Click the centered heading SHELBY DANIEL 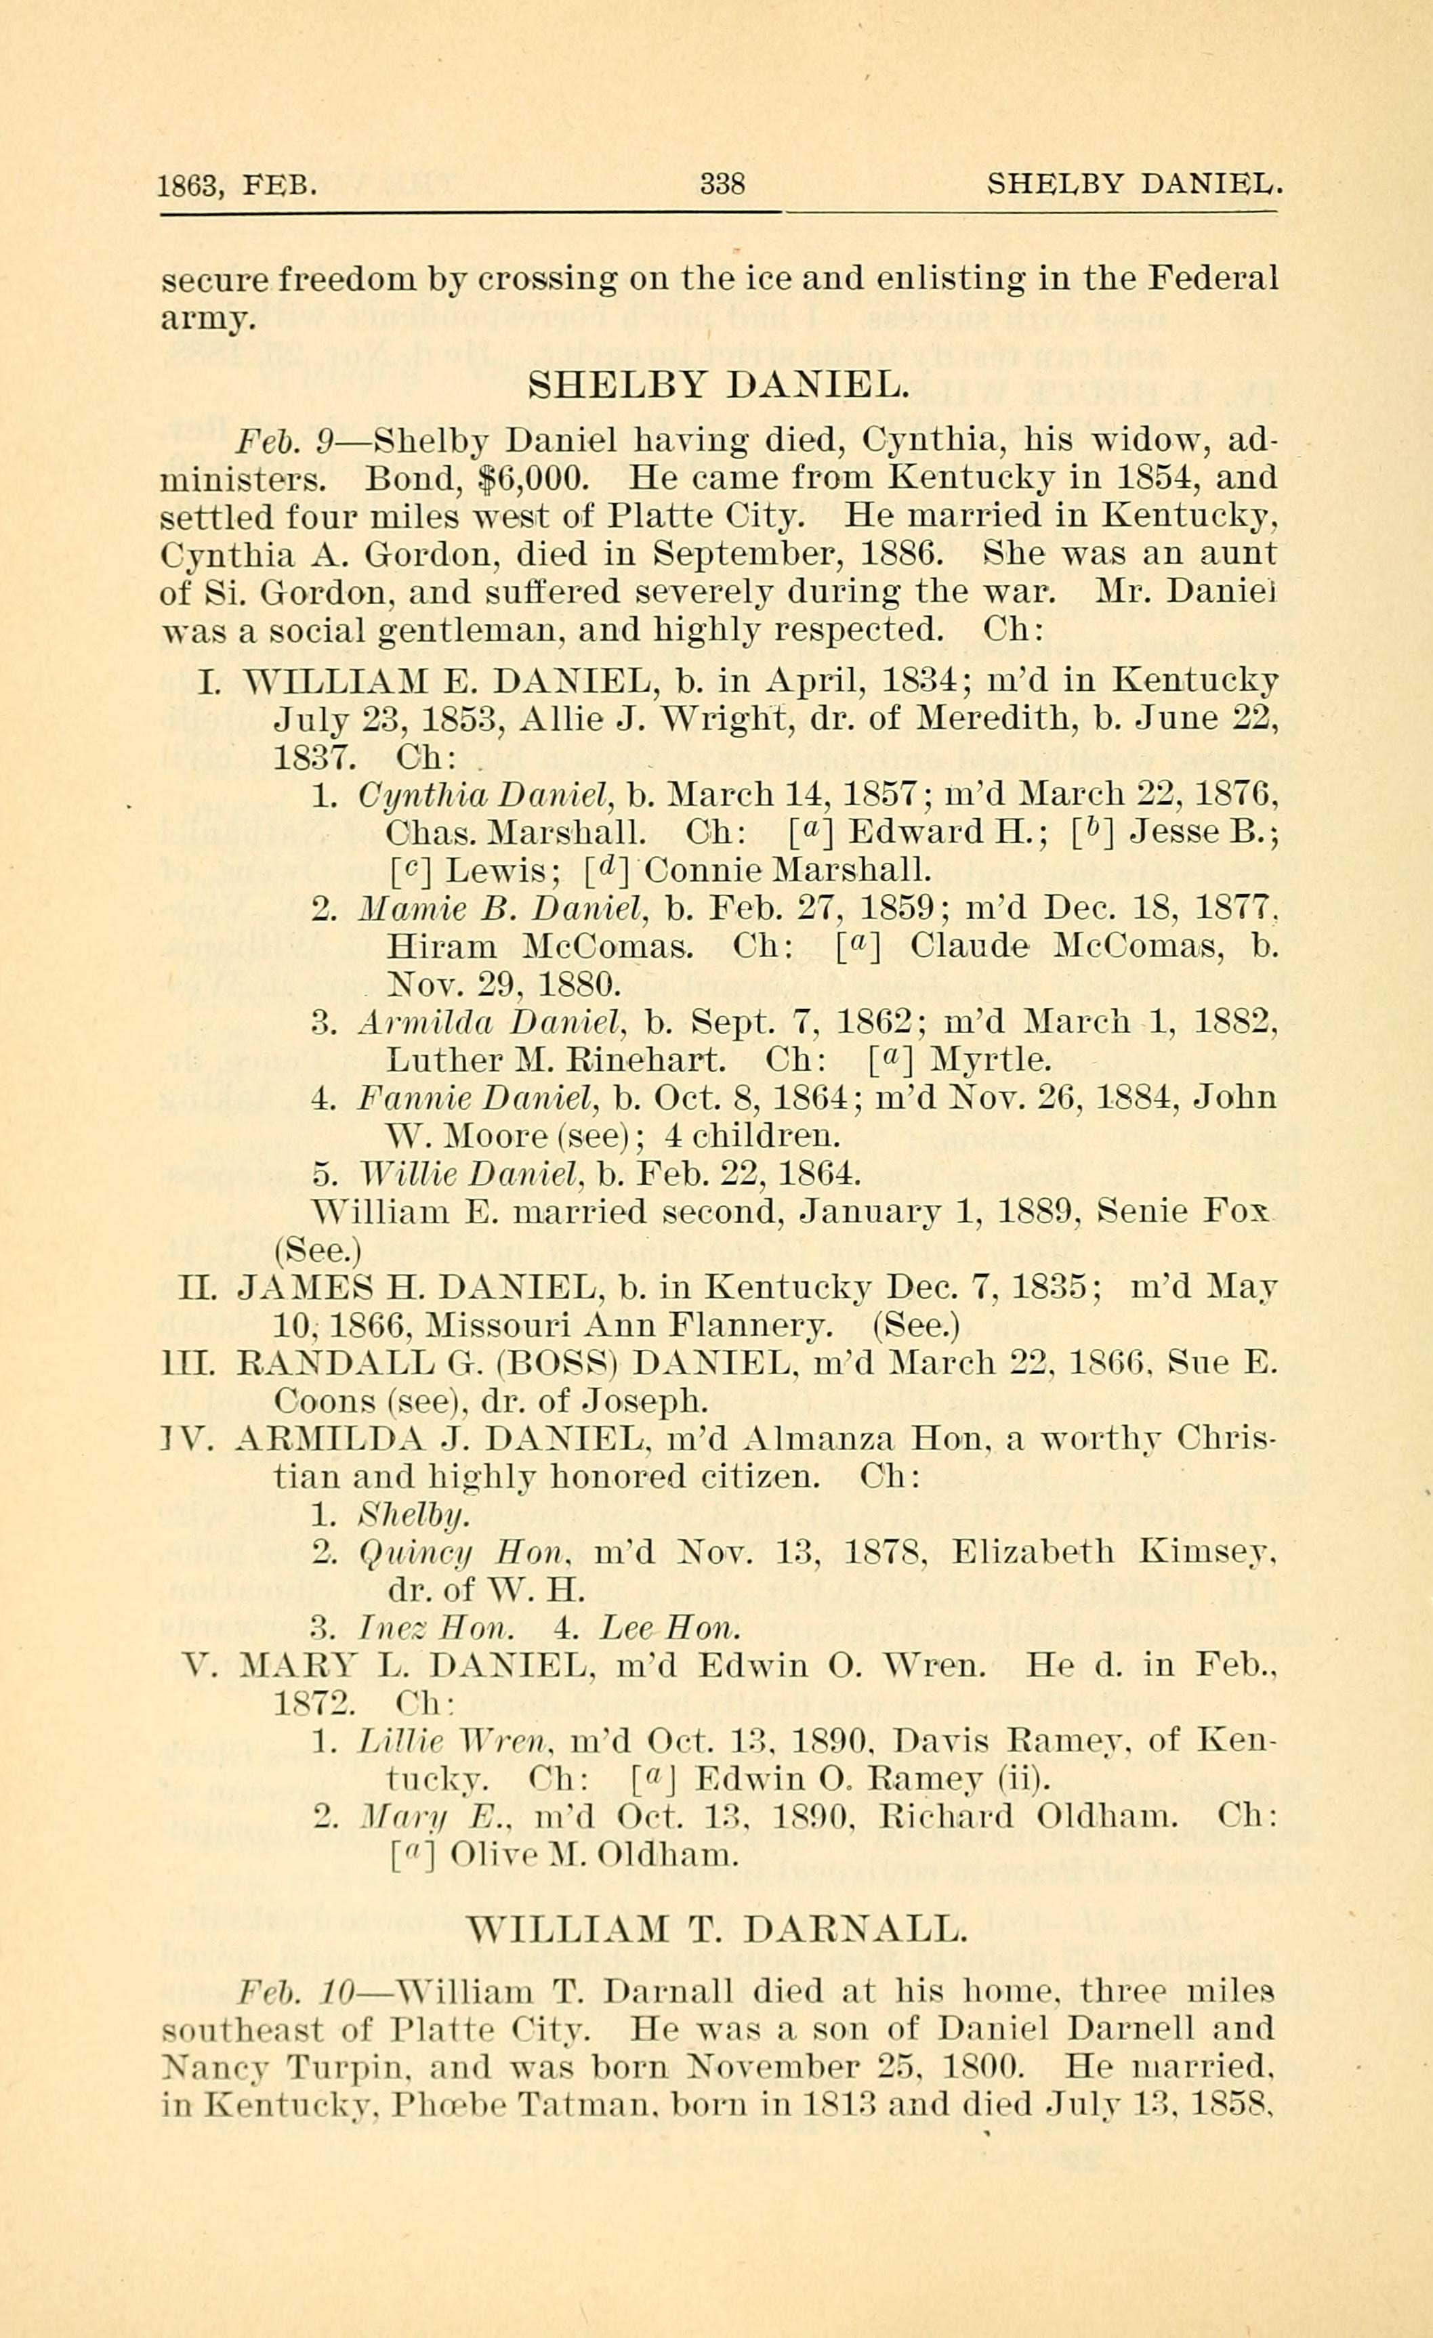(718, 385)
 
